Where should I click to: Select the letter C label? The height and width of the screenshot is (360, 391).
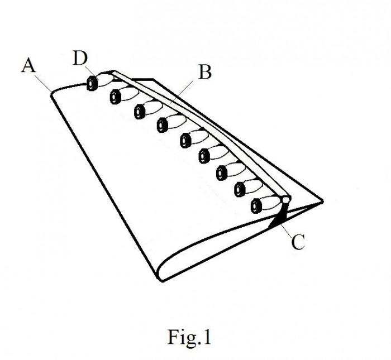click(x=298, y=242)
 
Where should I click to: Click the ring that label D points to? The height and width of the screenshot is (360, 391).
click(x=92, y=84)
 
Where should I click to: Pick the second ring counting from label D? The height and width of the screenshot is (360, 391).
click(x=116, y=97)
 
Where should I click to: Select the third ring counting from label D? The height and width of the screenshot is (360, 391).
click(x=139, y=111)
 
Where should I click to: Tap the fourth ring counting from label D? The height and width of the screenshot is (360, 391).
click(x=163, y=124)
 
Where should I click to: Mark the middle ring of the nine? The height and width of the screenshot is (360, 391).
click(x=185, y=140)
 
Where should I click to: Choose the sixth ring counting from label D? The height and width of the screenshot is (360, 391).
click(x=204, y=156)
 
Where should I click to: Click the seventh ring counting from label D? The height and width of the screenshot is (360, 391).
click(x=222, y=172)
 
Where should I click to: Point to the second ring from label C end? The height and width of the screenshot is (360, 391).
click(x=239, y=190)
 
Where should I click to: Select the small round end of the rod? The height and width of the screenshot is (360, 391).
click(x=285, y=198)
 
